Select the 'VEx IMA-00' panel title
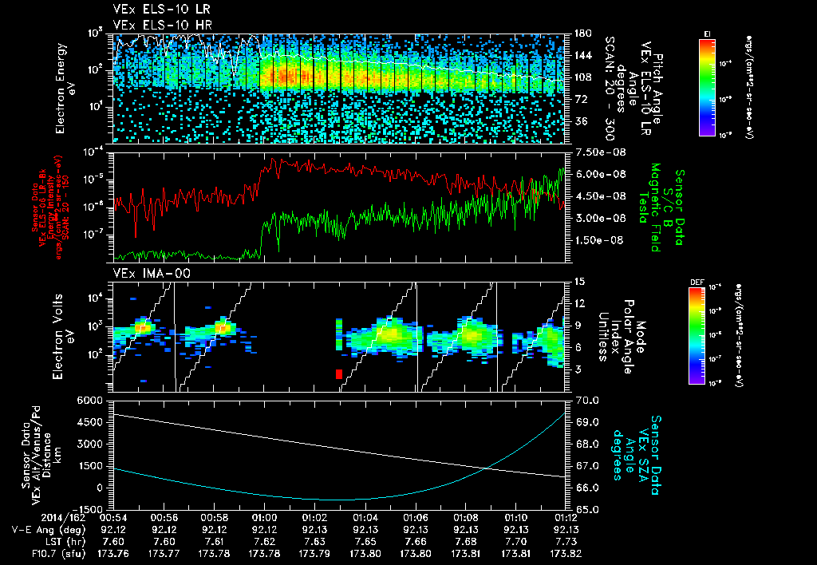pos(143,274)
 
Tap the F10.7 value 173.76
pos(112,551)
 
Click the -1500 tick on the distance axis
pos(89,509)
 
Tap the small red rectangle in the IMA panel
pos(339,373)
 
